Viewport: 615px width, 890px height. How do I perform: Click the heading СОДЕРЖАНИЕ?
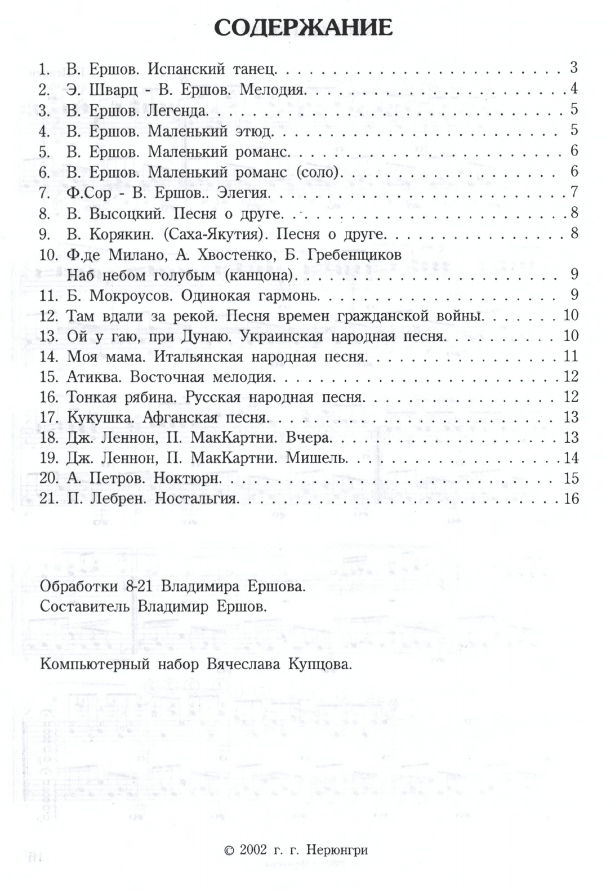click(x=304, y=28)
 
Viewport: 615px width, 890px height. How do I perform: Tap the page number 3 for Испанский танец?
click(x=574, y=68)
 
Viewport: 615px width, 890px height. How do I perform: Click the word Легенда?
click(x=177, y=110)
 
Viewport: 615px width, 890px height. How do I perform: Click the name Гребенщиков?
click(x=355, y=255)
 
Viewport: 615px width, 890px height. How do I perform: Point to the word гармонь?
click(x=291, y=295)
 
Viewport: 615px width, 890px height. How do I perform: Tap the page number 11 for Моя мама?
click(x=571, y=356)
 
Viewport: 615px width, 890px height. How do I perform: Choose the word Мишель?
click(x=317, y=458)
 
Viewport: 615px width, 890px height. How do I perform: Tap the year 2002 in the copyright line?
click(x=253, y=850)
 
